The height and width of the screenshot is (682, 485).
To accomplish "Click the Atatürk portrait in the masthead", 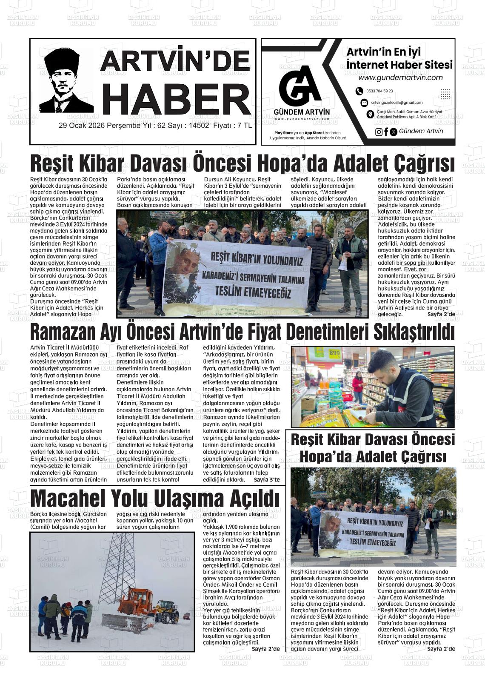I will point(66,81).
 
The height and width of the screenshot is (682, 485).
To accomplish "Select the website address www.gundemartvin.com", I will point(400,77).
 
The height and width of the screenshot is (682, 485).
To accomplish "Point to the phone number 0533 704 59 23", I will point(379,91).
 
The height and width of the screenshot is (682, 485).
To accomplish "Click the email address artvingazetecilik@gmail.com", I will point(397,103).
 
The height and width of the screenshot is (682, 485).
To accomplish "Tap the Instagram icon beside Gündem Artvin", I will point(379,132).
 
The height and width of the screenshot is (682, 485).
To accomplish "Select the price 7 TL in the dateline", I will point(244,126).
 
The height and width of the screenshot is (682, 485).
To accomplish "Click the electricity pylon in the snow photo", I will point(117,566).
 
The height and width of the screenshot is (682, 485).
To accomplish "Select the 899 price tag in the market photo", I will point(334,353).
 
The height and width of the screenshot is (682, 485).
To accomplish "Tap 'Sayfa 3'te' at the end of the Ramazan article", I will point(267,480).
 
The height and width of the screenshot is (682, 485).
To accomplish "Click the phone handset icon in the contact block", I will point(359,91).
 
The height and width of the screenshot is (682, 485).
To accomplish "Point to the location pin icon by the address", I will point(370,114).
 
